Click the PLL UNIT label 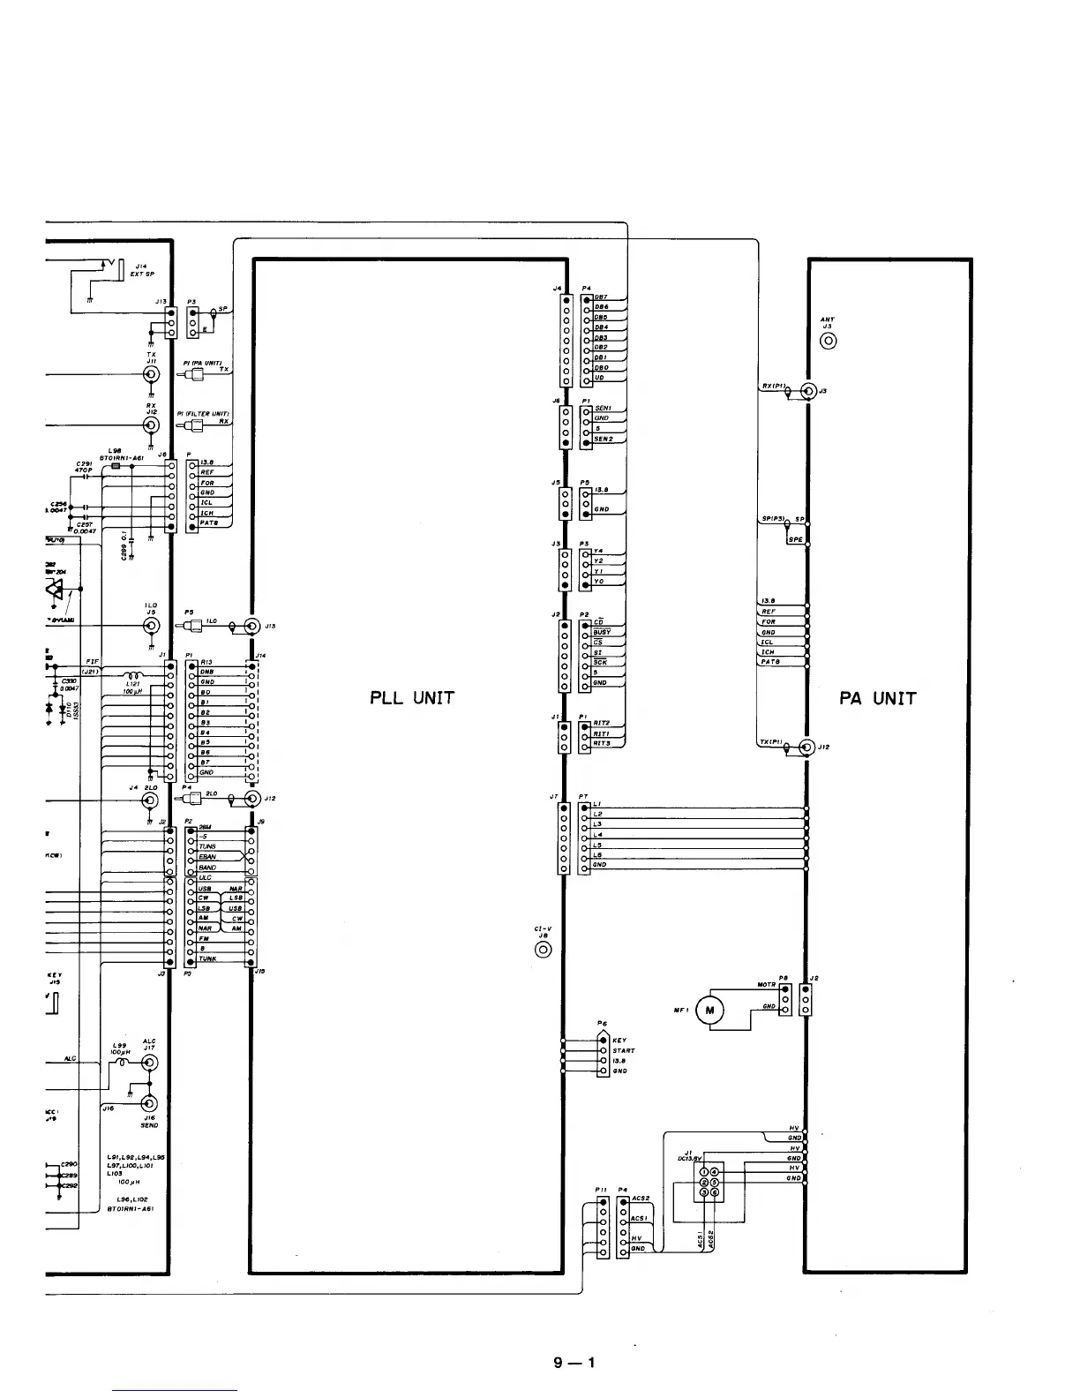tap(412, 698)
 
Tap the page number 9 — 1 tap(574, 1363)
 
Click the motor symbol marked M tap(710, 1011)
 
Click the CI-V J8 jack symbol tap(544, 950)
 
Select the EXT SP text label tap(142, 274)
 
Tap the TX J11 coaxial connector tap(152, 375)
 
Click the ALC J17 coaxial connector tap(151, 1063)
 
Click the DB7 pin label tap(600, 297)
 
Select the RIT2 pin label tap(602, 724)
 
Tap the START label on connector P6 tap(624, 1051)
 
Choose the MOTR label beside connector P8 tap(766, 985)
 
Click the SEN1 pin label tap(604, 409)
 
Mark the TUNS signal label tap(207, 846)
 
